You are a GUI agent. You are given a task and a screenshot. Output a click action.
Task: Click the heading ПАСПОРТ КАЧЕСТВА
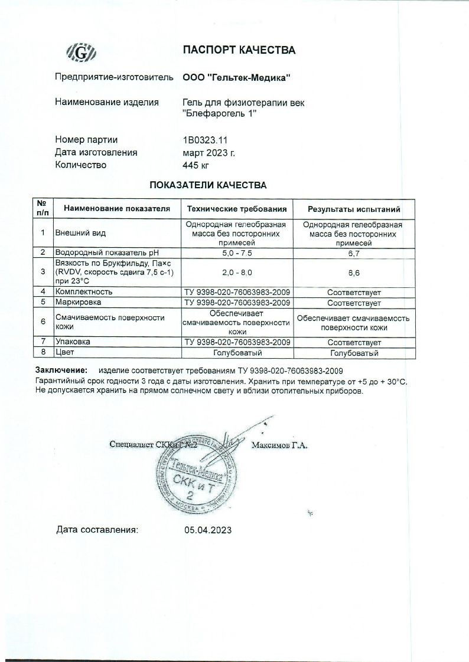(x=239, y=50)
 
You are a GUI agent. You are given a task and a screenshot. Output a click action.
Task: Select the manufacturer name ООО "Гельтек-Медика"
(x=236, y=77)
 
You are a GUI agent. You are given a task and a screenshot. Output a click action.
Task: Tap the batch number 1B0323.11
(x=205, y=140)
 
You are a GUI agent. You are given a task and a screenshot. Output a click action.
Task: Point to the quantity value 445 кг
(x=196, y=165)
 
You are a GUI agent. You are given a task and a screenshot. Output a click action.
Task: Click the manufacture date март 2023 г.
(x=209, y=152)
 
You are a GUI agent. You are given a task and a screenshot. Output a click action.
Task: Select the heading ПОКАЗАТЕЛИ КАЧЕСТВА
(x=207, y=185)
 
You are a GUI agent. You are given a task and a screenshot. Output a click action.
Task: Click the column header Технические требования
(x=237, y=209)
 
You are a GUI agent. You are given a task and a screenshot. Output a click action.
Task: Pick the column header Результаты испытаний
(x=354, y=209)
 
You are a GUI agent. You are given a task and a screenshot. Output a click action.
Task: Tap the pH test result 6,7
(x=354, y=253)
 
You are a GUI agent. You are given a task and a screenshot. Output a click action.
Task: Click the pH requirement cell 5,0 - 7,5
(x=237, y=253)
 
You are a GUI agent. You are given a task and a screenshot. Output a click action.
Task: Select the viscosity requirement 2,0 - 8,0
(x=237, y=272)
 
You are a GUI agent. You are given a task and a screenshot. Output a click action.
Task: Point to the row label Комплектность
(x=83, y=291)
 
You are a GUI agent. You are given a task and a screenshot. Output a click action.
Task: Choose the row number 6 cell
(x=43, y=322)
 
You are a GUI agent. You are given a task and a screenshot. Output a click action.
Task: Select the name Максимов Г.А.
(x=279, y=445)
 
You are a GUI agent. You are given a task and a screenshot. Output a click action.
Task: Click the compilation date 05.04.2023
(x=208, y=529)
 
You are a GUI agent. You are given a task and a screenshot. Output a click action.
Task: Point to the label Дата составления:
(x=97, y=529)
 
